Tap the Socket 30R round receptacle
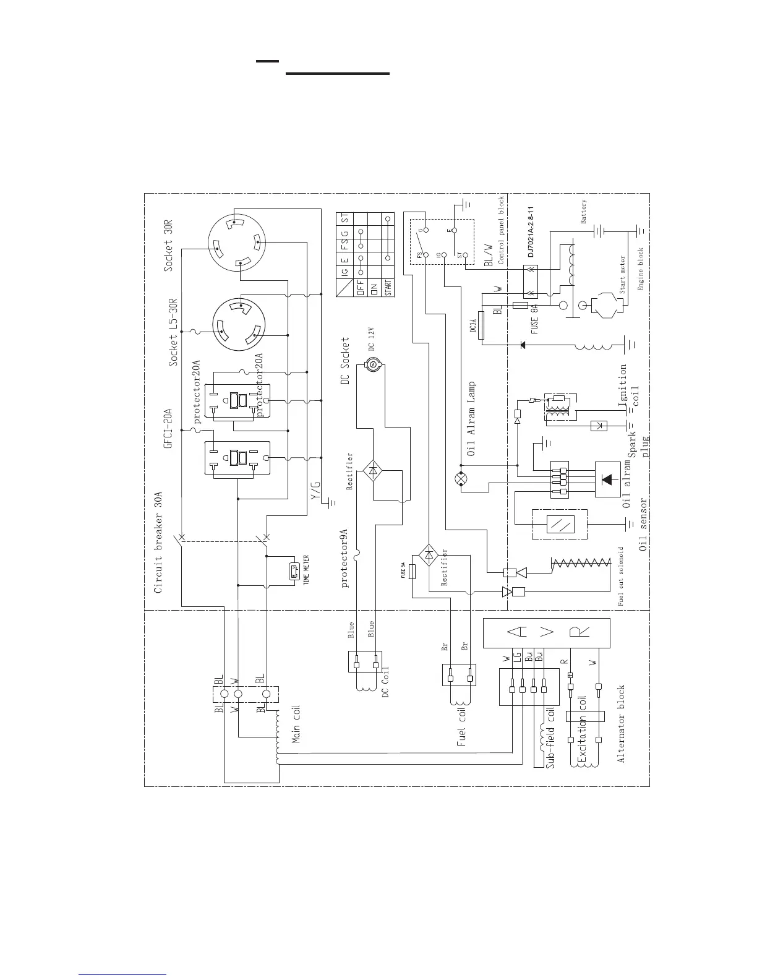[x=236, y=244]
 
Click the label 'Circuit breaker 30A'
[x=158, y=543]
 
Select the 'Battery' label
[x=584, y=212]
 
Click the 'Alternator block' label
[x=621, y=723]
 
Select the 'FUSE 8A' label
[x=534, y=314]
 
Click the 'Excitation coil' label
[x=581, y=730]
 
